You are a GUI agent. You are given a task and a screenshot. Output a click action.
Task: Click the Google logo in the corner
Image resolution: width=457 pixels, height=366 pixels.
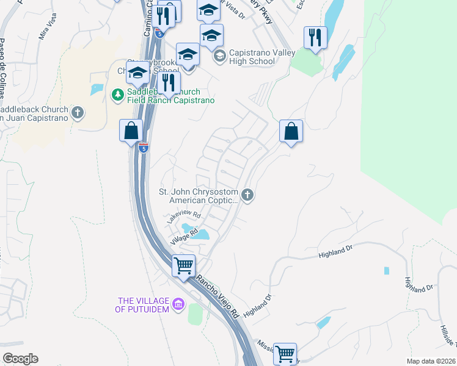click(20, 359)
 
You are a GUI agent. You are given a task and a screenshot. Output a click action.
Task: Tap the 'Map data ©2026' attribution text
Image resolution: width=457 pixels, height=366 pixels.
click(431, 361)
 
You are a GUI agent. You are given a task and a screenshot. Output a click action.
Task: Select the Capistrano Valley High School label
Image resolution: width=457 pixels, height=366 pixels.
click(252, 57)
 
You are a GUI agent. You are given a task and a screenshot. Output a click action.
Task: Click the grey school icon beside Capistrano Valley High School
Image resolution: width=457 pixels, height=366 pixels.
click(219, 57)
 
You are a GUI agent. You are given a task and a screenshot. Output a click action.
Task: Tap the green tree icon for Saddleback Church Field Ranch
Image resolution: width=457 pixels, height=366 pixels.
click(117, 95)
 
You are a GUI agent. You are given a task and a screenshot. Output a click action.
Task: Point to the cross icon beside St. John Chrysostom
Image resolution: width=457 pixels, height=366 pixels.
click(247, 195)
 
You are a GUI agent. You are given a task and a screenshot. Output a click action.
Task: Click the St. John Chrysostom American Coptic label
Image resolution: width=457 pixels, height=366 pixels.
click(199, 196)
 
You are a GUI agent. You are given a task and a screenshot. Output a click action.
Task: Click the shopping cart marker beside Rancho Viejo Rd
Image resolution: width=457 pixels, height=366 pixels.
click(183, 266)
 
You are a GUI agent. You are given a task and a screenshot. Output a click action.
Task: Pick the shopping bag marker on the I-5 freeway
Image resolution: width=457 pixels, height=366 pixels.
click(131, 131)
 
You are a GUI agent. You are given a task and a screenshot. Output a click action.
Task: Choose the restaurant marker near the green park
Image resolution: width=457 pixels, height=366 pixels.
click(315, 38)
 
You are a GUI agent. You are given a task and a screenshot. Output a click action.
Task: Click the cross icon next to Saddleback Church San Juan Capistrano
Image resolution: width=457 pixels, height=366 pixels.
click(77, 112)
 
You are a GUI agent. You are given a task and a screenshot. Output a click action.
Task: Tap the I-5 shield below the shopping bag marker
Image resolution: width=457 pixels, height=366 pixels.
click(142, 148)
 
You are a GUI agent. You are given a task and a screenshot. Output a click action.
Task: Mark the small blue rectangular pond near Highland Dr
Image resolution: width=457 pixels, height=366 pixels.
click(386, 270)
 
